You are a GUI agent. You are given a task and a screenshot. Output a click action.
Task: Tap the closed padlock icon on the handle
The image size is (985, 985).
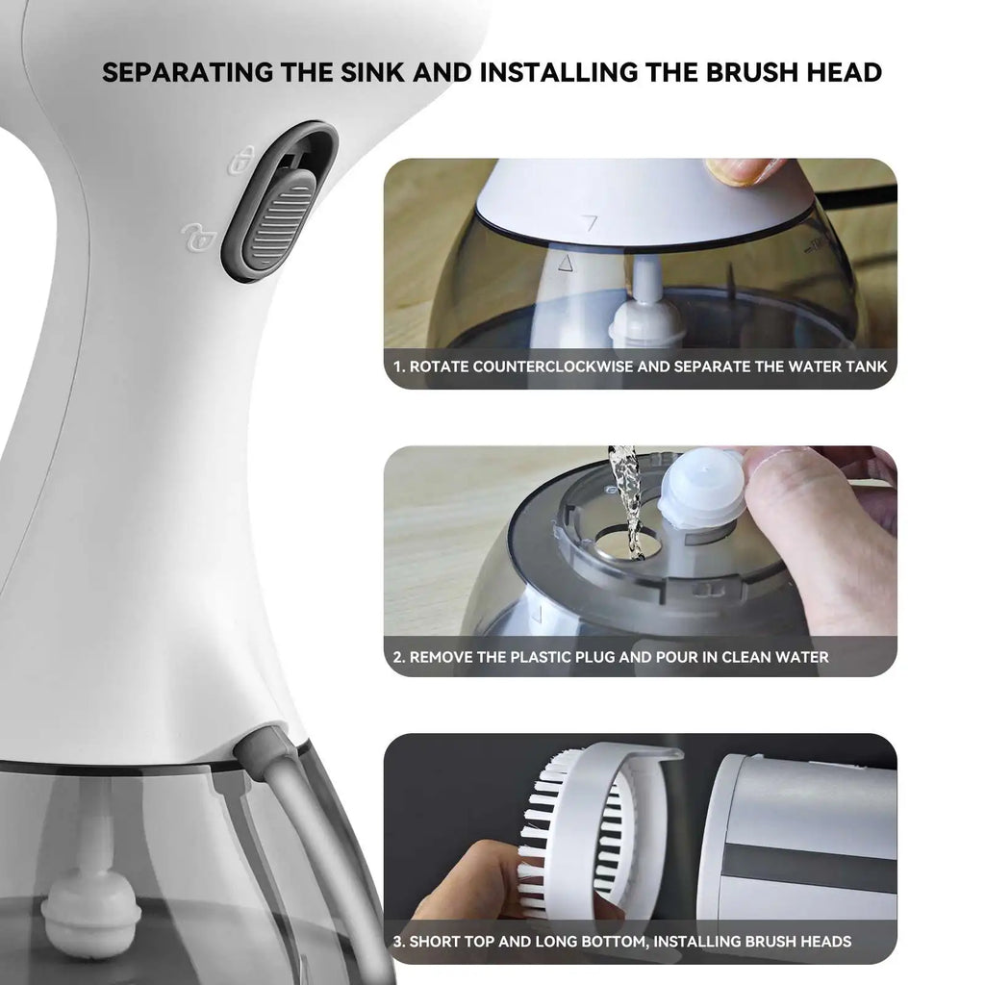[242, 161]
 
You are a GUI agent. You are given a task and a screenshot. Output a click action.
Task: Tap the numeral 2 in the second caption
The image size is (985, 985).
[398, 657]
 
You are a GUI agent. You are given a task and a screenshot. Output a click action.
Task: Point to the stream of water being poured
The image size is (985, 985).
[627, 500]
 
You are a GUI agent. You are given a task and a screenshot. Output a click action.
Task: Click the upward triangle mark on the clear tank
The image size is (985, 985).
[567, 261]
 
